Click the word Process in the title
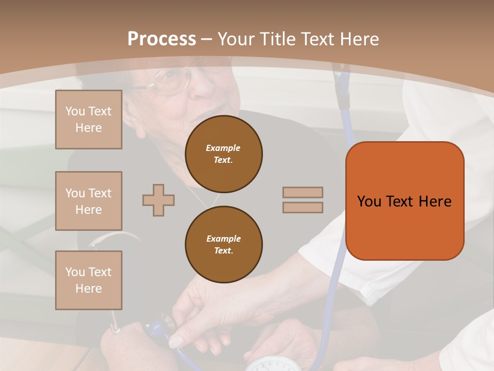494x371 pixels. [162, 39]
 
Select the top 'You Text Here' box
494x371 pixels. [89, 120]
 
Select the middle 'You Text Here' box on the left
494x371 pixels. [89, 201]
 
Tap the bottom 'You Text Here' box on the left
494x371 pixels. [89, 280]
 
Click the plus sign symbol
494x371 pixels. [158, 200]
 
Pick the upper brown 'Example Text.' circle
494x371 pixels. [223, 154]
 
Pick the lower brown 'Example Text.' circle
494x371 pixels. [223, 244]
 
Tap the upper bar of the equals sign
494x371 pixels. [303, 192]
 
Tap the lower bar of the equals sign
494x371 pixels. [303, 207]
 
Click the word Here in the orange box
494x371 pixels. [435, 201]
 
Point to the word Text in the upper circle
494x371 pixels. [223, 160]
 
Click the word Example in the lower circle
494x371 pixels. [223, 238]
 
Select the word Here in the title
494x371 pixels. [359, 39]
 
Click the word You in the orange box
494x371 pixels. [369, 201]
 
